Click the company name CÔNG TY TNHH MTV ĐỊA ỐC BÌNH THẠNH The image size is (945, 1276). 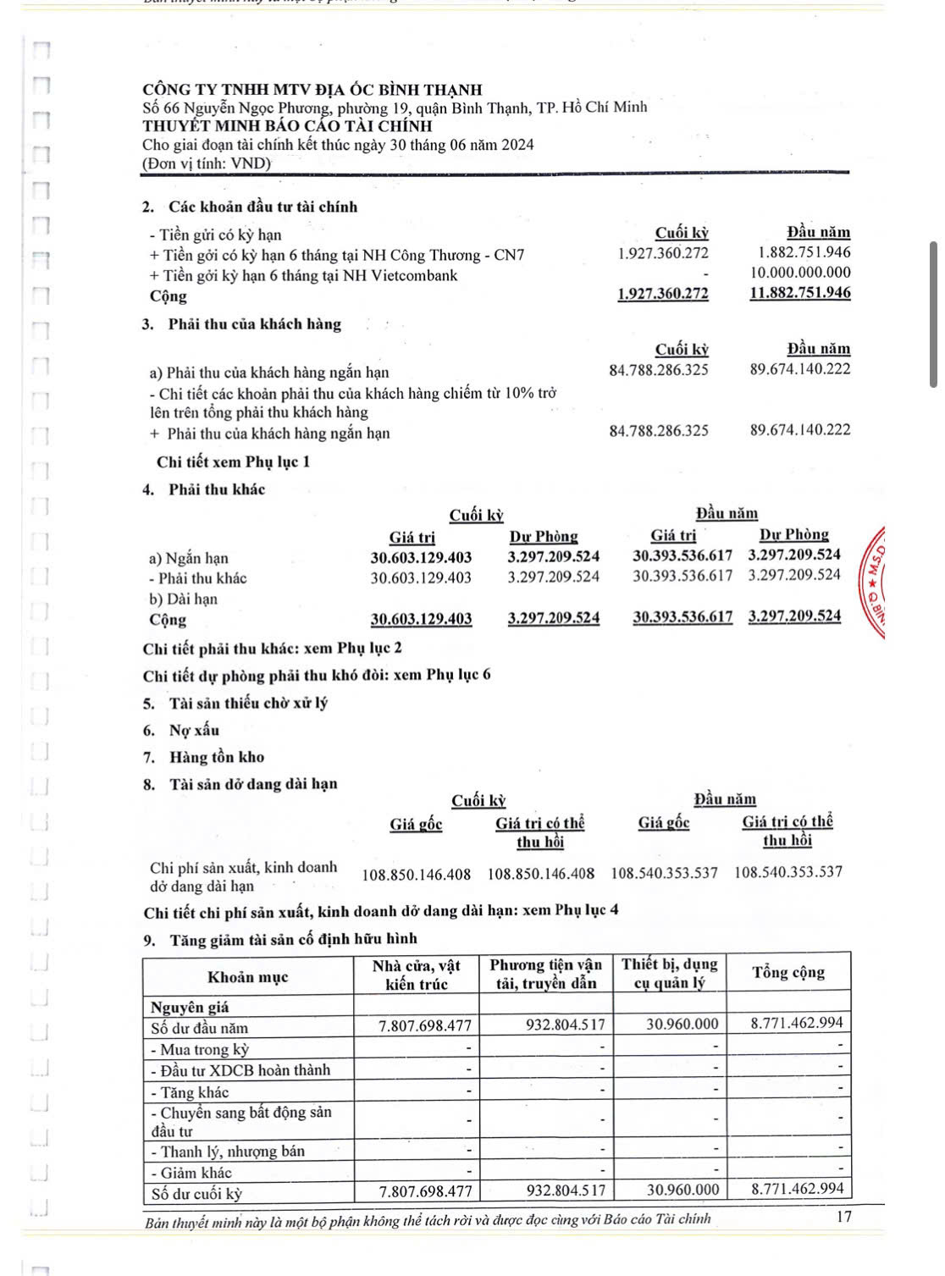click(x=312, y=89)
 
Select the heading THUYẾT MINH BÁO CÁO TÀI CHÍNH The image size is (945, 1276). click(x=287, y=126)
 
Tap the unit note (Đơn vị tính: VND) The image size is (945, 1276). click(x=207, y=163)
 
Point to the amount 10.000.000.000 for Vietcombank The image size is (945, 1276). click(x=800, y=273)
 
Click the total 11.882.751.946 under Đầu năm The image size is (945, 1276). click(x=800, y=293)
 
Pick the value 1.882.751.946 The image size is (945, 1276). click(x=804, y=252)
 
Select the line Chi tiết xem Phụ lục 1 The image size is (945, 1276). click(x=233, y=461)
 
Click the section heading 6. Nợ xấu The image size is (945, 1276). click(x=181, y=730)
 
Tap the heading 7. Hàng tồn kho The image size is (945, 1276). click(x=203, y=757)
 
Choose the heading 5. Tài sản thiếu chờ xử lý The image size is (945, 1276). click(x=235, y=703)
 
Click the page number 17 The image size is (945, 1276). click(x=843, y=1217)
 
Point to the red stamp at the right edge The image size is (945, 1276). click(x=875, y=584)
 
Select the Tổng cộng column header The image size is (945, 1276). click(x=788, y=972)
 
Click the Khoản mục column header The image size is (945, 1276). click(x=247, y=976)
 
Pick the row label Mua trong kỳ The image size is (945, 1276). click(x=200, y=1049)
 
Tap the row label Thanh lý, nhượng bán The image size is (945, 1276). click(x=227, y=1151)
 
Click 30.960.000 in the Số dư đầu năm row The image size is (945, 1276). click(x=682, y=1025)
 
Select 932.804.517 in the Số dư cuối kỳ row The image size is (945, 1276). click(x=566, y=1190)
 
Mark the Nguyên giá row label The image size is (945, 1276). click(x=190, y=1007)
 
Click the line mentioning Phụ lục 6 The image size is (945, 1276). click(x=317, y=675)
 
